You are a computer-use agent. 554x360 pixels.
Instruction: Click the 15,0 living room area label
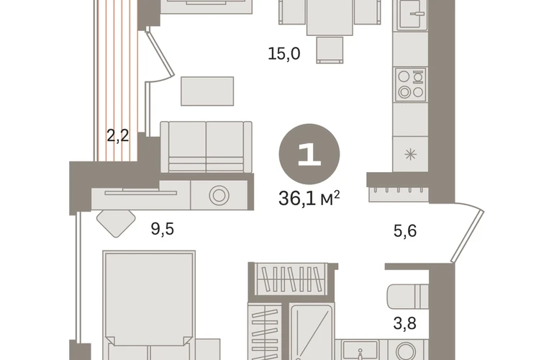[284, 54]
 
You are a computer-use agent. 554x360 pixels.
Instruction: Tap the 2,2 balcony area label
[118, 135]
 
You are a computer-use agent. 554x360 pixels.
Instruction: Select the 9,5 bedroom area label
[163, 229]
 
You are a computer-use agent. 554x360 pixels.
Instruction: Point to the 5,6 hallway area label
[405, 231]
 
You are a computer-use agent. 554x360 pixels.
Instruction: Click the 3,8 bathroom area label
[405, 323]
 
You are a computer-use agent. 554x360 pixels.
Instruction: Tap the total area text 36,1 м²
[309, 198]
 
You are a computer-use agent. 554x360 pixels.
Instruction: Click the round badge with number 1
[309, 154]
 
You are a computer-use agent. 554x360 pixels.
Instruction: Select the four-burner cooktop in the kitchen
[411, 84]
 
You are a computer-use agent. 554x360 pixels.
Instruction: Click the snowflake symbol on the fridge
[411, 155]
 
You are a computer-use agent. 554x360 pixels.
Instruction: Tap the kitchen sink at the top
[413, 14]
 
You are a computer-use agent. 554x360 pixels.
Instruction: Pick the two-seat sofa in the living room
[206, 147]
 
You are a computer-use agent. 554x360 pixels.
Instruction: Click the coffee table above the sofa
[207, 91]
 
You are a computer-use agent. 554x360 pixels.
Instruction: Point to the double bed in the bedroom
[149, 305]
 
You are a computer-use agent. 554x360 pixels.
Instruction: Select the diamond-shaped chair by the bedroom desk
[116, 223]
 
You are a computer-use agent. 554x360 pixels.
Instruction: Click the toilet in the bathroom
[408, 297]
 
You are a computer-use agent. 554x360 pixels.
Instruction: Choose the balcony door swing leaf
[160, 55]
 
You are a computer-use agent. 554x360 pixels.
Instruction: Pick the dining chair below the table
[330, 50]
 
